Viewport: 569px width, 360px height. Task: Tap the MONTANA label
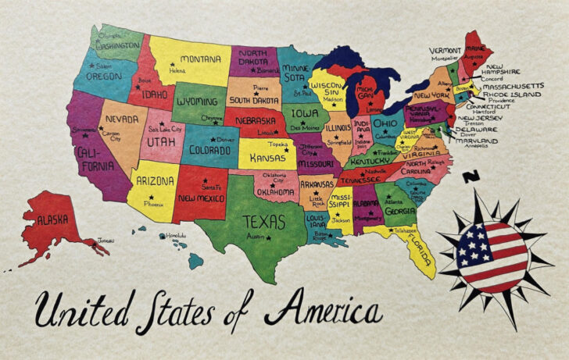(x=200, y=59)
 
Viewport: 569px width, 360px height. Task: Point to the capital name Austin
(x=256, y=236)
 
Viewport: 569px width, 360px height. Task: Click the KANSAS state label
(x=267, y=158)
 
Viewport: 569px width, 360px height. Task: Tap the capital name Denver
(x=225, y=140)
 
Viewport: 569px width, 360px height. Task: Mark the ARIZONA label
(x=155, y=180)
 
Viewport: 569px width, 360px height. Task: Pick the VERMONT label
(x=446, y=50)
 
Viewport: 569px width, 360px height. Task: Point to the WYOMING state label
(x=197, y=102)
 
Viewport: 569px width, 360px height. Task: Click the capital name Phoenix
(x=153, y=203)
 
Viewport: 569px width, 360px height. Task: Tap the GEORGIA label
(x=400, y=210)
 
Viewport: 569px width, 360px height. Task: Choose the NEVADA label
(x=122, y=120)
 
